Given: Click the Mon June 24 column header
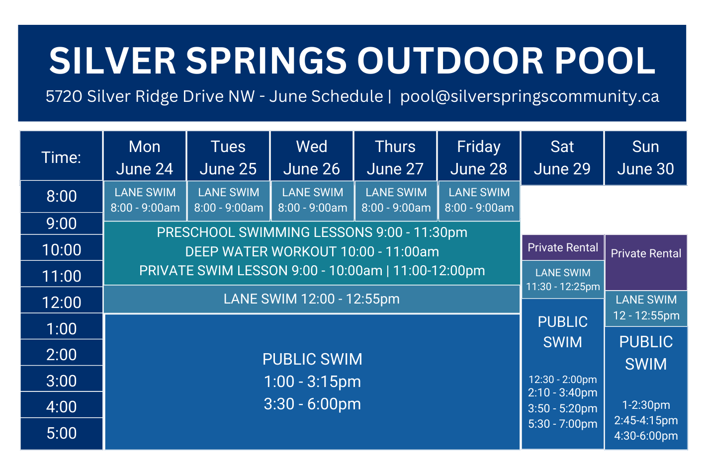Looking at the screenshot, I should coord(144,157).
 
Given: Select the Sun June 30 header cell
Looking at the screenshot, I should coord(645,157).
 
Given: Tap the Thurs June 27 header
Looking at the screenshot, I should coord(395,157).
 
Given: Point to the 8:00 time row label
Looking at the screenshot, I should coord(62,196).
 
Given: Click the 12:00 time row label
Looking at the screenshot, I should coord(62,302).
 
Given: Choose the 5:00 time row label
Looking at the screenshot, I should coord(62,433).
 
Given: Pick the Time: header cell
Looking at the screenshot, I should coord(62,157).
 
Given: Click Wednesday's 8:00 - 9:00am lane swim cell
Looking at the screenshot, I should coord(312,200).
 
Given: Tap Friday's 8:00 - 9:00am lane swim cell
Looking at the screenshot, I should coord(479,200).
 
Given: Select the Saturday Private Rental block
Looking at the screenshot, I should coord(562,247).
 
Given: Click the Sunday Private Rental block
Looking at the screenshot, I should coord(646,254).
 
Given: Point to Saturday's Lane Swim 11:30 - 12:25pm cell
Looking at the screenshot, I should coord(563,279).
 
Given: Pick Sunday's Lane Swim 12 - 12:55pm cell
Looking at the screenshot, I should coord(646,308).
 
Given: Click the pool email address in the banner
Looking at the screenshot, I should coord(529,96).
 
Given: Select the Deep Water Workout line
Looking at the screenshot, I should coord(312,252).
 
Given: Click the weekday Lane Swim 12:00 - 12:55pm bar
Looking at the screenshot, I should coord(312,299).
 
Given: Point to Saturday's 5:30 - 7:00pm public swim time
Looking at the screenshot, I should coord(562,424).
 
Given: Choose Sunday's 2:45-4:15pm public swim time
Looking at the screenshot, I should coord(646,420).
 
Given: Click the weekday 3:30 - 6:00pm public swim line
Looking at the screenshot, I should coord(312,404).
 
